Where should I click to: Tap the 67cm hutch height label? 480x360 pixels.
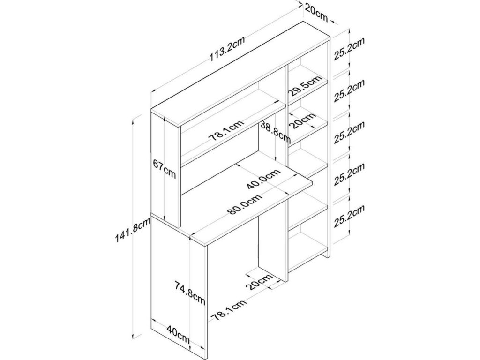[164, 169]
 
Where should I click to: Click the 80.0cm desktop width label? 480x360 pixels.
[244, 205]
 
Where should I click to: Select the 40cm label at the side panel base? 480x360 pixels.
[178, 334]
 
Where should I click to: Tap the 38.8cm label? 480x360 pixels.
[275, 131]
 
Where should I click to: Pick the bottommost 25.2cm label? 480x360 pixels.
[349, 216]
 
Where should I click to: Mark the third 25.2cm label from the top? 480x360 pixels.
[349, 134]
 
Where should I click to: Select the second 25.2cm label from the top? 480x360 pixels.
[349, 91]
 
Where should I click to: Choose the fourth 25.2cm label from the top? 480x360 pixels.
[349, 174]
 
